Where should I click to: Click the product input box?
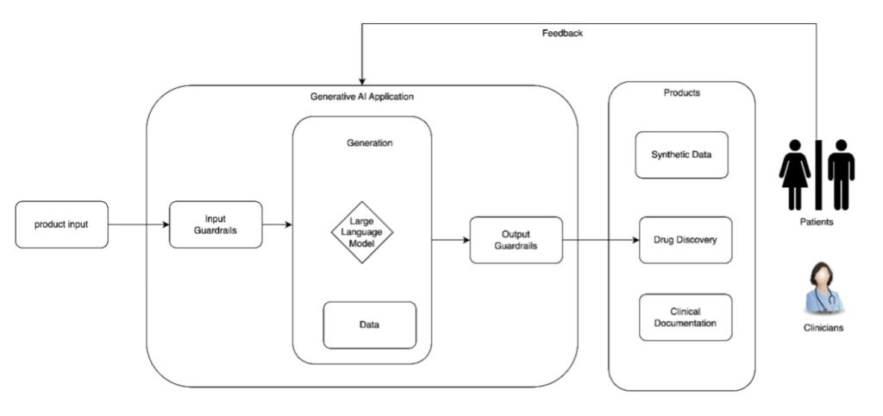[x=61, y=224]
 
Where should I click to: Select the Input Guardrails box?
[x=215, y=224]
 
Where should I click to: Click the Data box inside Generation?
[x=369, y=325]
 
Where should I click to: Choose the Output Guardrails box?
[x=516, y=240]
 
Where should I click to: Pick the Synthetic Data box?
[x=681, y=155]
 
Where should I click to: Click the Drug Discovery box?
[x=685, y=240]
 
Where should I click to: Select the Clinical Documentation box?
[x=685, y=317]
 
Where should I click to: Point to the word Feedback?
[x=562, y=34]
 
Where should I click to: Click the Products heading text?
[x=681, y=92]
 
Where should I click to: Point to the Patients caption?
[x=817, y=222]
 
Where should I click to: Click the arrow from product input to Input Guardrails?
[x=138, y=224]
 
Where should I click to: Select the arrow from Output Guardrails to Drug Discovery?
[x=600, y=240]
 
